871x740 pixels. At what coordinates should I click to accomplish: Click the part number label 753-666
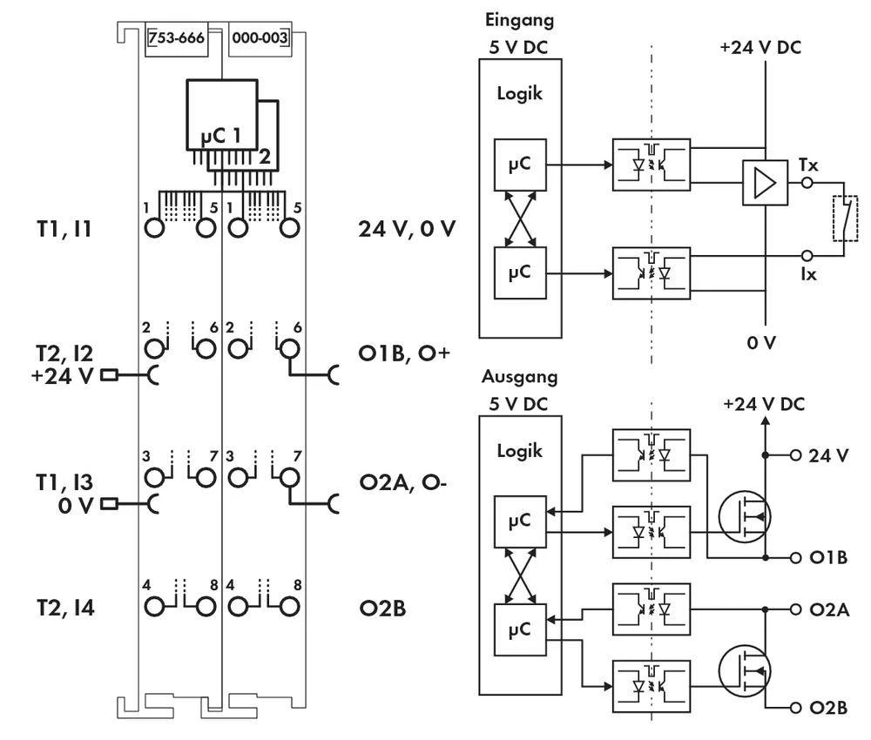click(176, 37)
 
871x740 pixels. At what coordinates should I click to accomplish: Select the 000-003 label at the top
click(260, 37)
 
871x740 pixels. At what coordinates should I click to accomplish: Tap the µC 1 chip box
click(221, 115)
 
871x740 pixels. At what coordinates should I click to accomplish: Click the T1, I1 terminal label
click(64, 229)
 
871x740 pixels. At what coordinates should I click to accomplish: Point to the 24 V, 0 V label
click(407, 229)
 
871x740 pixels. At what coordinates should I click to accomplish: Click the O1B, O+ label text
click(404, 353)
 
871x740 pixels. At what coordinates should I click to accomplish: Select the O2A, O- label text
click(403, 482)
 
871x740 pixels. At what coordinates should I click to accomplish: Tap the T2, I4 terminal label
click(65, 608)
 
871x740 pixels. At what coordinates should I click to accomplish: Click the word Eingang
click(519, 21)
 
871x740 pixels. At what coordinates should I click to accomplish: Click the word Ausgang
click(519, 377)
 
